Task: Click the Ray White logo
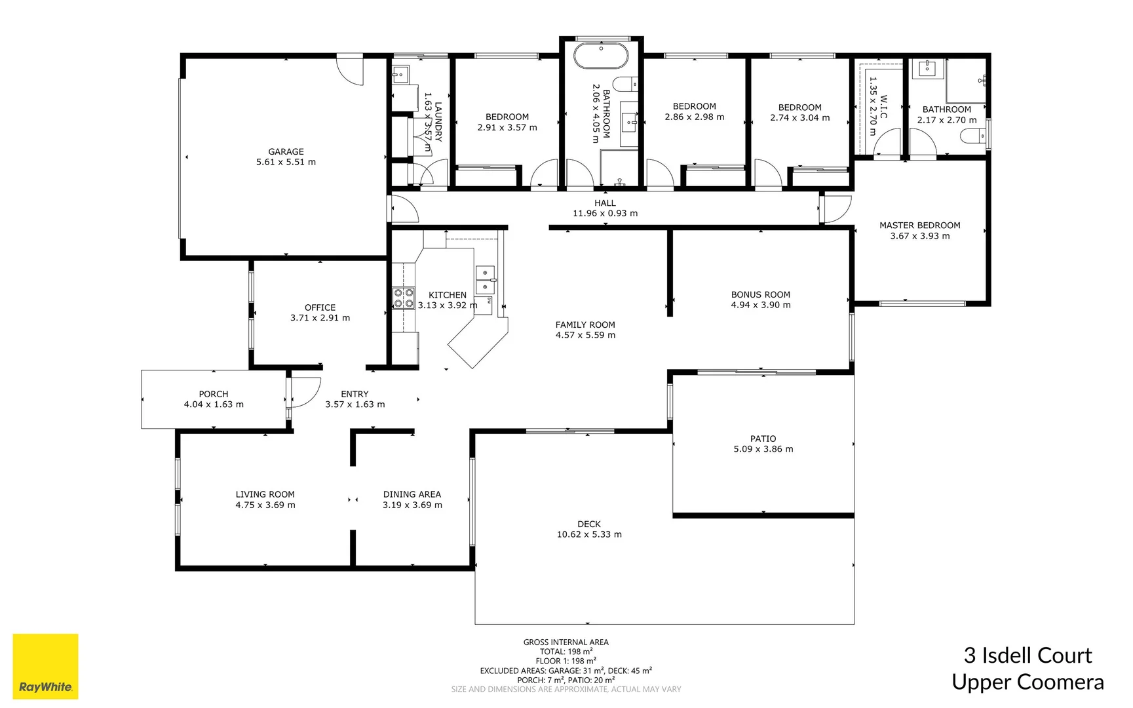[x=45, y=667]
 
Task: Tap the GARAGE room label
[x=286, y=151]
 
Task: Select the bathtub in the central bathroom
[x=601, y=56]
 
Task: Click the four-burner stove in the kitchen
[x=403, y=298]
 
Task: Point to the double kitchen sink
[x=485, y=279]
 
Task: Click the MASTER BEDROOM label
[x=919, y=225]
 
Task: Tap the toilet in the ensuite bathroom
[x=974, y=136]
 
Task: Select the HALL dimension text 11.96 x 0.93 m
[x=605, y=213]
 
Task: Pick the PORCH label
[x=214, y=394]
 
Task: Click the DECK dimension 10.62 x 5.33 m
[x=589, y=534]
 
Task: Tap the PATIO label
[x=763, y=439]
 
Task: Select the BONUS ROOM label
[x=760, y=294]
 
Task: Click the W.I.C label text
[x=884, y=106]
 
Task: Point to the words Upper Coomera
[x=1027, y=682]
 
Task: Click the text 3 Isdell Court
[x=1027, y=655]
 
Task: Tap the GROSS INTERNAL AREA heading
[x=566, y=642]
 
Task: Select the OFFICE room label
[x=320, y=307]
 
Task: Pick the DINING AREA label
[x=412, y=494]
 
